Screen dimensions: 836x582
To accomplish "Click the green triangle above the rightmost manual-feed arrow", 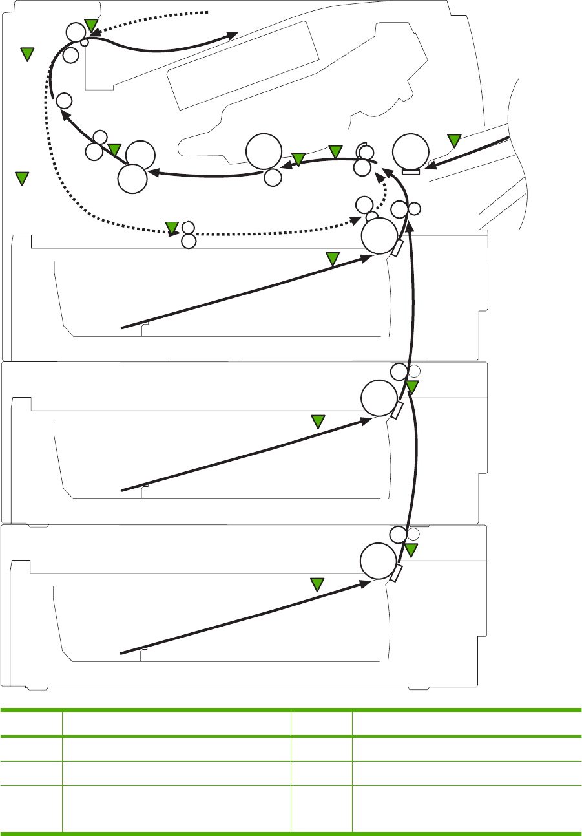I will tap(454, 140).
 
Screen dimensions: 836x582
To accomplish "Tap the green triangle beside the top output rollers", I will tap(91, 25).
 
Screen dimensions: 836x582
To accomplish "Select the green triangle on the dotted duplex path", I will tap(172, 226).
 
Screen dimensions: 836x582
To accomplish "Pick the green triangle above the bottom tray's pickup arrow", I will tap(317, 584).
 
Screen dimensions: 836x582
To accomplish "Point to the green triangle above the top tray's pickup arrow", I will tap(332, 259).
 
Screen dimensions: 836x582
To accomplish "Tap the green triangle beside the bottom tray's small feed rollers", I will tap(411, 550).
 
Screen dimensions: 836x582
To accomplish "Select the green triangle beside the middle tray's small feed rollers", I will tap(412, 387).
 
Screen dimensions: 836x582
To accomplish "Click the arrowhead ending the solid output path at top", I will tap(233, 36).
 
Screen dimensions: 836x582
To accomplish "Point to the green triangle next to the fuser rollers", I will tap(115, 151).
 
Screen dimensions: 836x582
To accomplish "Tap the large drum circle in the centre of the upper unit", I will tap(264, 151).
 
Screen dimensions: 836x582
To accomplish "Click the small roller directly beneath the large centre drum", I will tap(273, 177).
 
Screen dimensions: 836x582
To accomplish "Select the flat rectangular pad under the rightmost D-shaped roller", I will tap(410, 172).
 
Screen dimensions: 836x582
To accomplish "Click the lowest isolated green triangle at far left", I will tap(23, 178).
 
